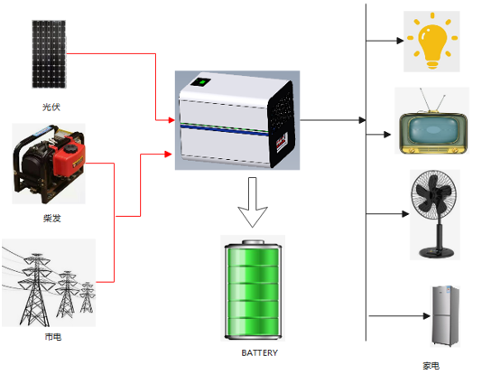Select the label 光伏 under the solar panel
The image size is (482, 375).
(x=51, y=107)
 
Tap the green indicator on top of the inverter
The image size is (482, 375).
(x=203, y=83)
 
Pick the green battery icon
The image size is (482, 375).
(x=254, y=288)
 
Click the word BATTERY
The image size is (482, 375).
(x=259, y=353)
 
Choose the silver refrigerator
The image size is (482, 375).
(x=445, y=316)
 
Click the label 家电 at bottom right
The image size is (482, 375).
(x=431, y=366)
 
